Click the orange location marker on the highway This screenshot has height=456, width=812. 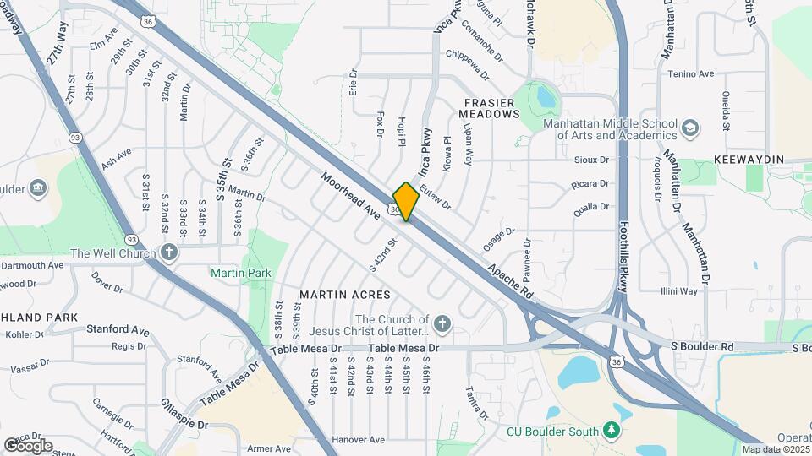pos(406,201)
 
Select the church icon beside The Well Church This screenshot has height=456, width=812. pos(169,252)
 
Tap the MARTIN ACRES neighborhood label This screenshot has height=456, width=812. pos(345,295)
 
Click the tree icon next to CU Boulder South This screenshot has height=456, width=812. pos(612,431)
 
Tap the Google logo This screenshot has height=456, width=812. pos(28,445)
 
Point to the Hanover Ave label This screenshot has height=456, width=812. pos(359,440)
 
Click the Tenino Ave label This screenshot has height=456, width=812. pos(693,74)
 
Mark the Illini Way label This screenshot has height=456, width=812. pos(678,291)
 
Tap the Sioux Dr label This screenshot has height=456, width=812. pos(591,160)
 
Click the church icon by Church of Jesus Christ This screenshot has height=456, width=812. pos(442,324)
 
